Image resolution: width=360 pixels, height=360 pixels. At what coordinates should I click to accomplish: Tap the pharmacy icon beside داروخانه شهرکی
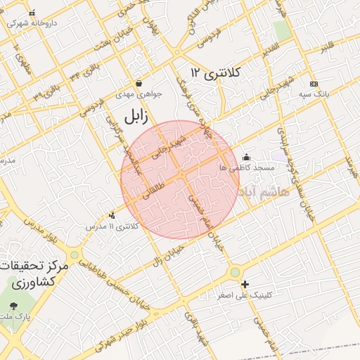pos(32,13)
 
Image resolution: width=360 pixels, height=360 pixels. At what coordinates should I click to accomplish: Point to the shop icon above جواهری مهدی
pos(139,83)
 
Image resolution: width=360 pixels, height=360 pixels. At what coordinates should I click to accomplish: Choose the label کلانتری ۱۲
pos(215,72)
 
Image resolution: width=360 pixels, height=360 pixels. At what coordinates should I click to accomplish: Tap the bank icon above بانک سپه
pos(313,84)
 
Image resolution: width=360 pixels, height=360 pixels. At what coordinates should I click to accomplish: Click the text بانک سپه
pos(313,94)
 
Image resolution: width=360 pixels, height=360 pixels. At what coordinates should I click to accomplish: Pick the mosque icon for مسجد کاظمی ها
pos(245,157)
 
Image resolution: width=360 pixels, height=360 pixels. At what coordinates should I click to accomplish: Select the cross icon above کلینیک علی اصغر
pos(245,285)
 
